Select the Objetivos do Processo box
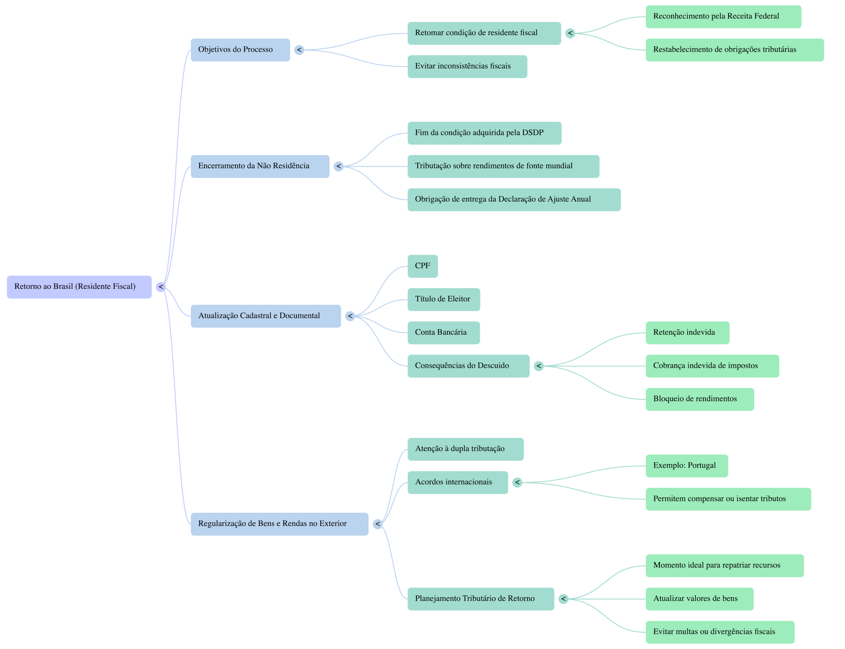coord(240,50)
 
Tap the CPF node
coord(422,266)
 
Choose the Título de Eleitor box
coord(443,299)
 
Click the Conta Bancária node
coord(443,333)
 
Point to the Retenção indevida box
coord(687,333)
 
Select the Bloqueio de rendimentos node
coord(699,399)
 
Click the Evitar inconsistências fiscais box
coord(467,66)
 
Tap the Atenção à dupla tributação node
coord(466,449)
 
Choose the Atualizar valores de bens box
coord(699,599)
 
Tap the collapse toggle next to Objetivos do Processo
coord(299,50)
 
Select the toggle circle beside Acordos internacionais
coord(517,482)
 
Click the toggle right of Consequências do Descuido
coord(539,366)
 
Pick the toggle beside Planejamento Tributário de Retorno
coord(563,599)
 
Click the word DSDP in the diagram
coord(533,133)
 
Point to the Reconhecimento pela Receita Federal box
coord(723,17)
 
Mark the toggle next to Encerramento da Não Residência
coord(339,166)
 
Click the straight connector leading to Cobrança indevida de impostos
coord(595,366)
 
